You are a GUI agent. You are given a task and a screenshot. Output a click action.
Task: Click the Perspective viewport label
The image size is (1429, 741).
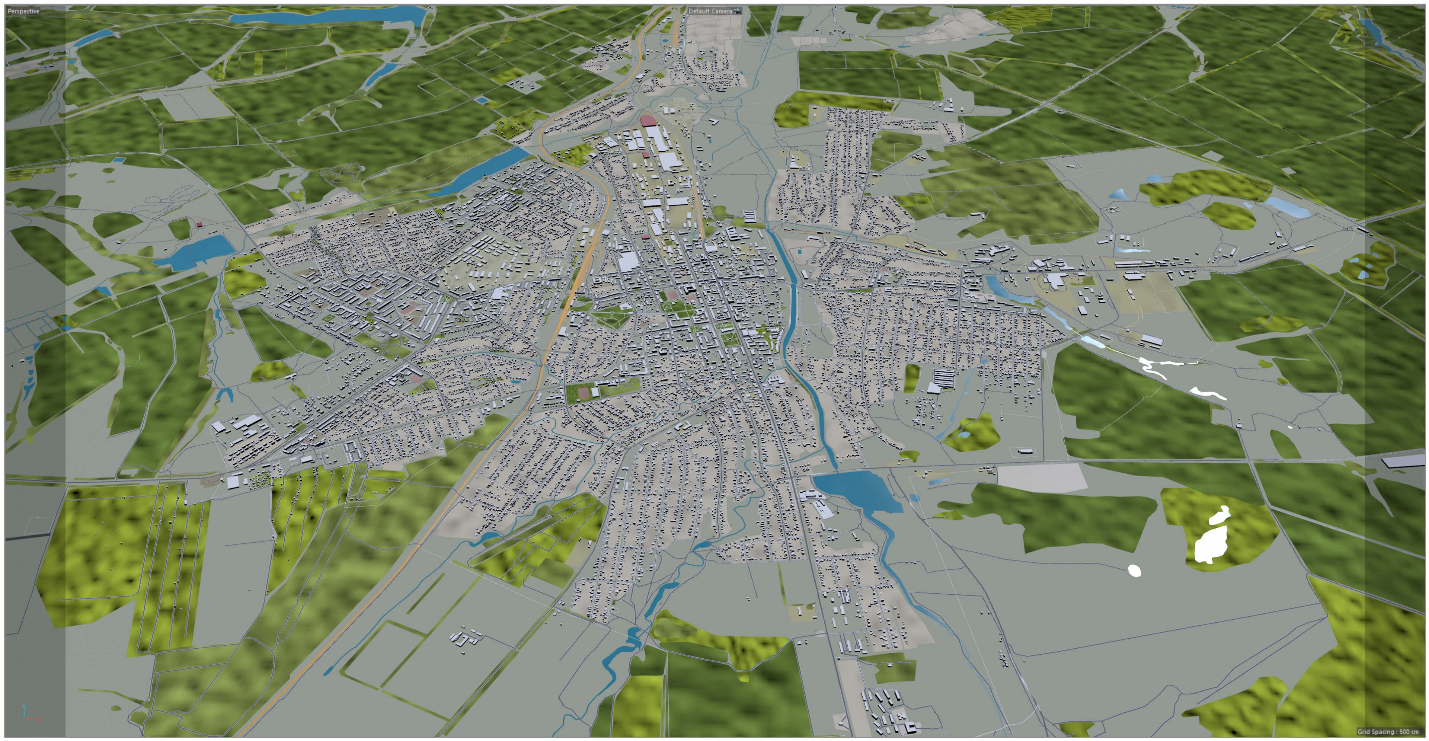click(x=23, y=11)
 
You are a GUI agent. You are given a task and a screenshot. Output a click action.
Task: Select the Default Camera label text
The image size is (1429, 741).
click(x=710, y=11)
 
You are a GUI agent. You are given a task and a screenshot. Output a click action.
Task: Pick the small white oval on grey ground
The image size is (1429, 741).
click(x=1134, y=570)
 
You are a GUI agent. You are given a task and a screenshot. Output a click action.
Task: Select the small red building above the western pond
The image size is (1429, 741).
click(x=199, y=225)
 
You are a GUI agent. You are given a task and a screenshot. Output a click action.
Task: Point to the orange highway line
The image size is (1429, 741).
click(x=555, y=344)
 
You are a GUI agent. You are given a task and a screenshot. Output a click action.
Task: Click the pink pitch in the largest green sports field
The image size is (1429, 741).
click(x=583, y=393)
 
